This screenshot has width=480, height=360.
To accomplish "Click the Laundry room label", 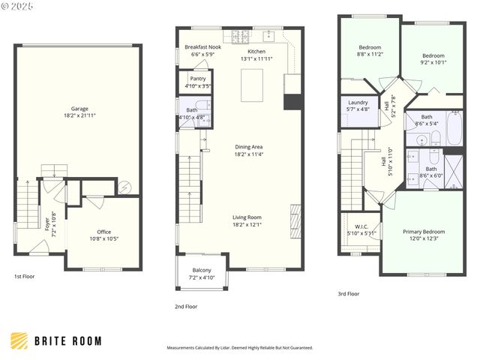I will click(x=358, y=105).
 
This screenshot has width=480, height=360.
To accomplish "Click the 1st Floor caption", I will click(x=24, y=277).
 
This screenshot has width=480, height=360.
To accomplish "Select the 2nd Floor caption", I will click(x=186, y=306).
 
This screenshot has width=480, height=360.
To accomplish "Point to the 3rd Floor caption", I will click(x=349, y=294).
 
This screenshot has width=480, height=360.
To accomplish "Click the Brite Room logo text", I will click(x=67, y=341).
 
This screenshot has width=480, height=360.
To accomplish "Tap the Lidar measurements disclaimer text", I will click(x=239, y=348).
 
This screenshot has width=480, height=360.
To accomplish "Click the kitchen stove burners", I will click(x=241, y=35).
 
